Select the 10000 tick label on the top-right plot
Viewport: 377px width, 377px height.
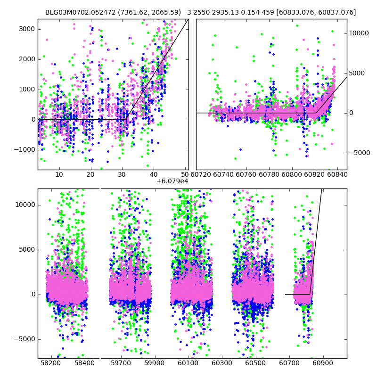tap(359, 33)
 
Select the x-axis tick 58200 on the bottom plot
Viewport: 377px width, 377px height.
tap(50, 363)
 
